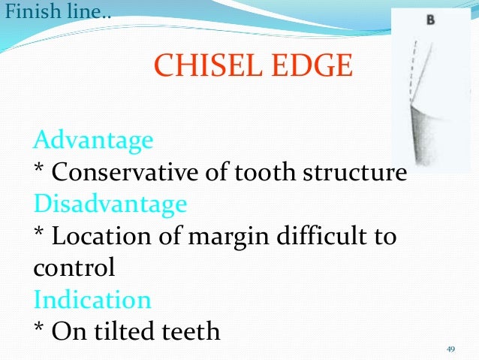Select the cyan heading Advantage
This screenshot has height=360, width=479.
(94, 140)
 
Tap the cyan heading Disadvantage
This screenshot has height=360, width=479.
(110, 204)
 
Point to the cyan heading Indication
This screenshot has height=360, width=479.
(92, 300)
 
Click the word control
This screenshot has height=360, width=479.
(74, 268)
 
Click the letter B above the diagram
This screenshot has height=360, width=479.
(430, 20)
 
